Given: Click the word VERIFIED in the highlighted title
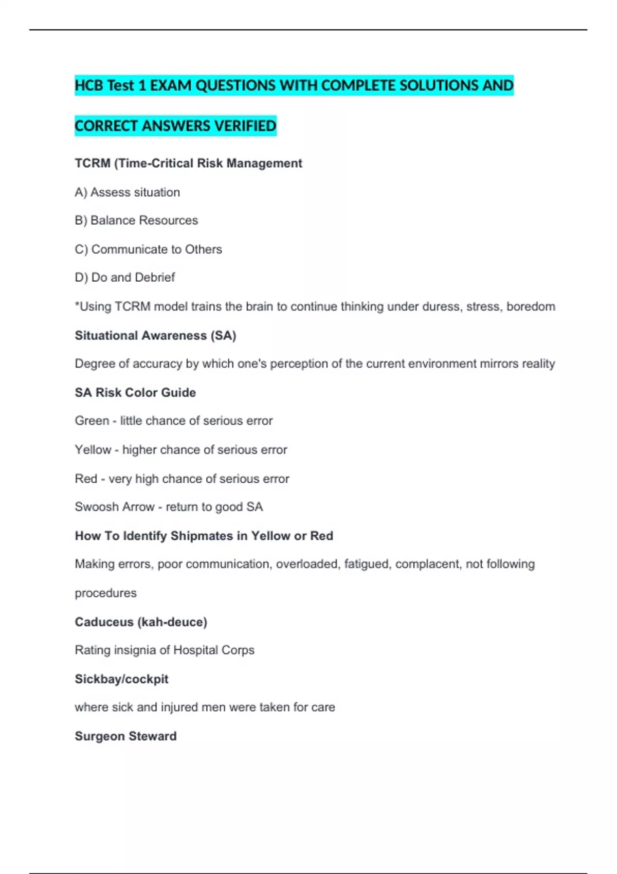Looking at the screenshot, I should click(x=245, y=126).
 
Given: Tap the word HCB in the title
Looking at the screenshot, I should click(x=89, y=85).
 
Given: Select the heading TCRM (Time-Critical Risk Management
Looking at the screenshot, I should click(x=188, y=163).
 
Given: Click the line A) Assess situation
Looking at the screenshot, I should click(x=128, y=192).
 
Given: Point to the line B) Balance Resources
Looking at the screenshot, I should click(x=136, y=221).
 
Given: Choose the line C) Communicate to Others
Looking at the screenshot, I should click(x=148, y=249).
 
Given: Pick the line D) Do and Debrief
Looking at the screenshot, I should click(x=125, y=278).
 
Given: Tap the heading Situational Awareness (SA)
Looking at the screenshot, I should click(x=155, y=336).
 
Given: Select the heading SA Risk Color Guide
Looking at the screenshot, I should click(x=135, y=393).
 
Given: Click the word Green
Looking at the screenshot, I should click(x=92, y=421).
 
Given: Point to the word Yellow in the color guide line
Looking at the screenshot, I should click(x=93, y=450).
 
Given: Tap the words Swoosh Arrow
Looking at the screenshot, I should click(x=115, y=507).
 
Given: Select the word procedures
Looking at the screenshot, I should click(x=106, y=593).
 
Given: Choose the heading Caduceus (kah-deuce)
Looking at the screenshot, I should click(x=141, y=622).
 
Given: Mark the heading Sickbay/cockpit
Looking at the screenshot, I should click(x=121, y=679).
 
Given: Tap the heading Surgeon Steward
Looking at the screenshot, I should click(x=125, y=736).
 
